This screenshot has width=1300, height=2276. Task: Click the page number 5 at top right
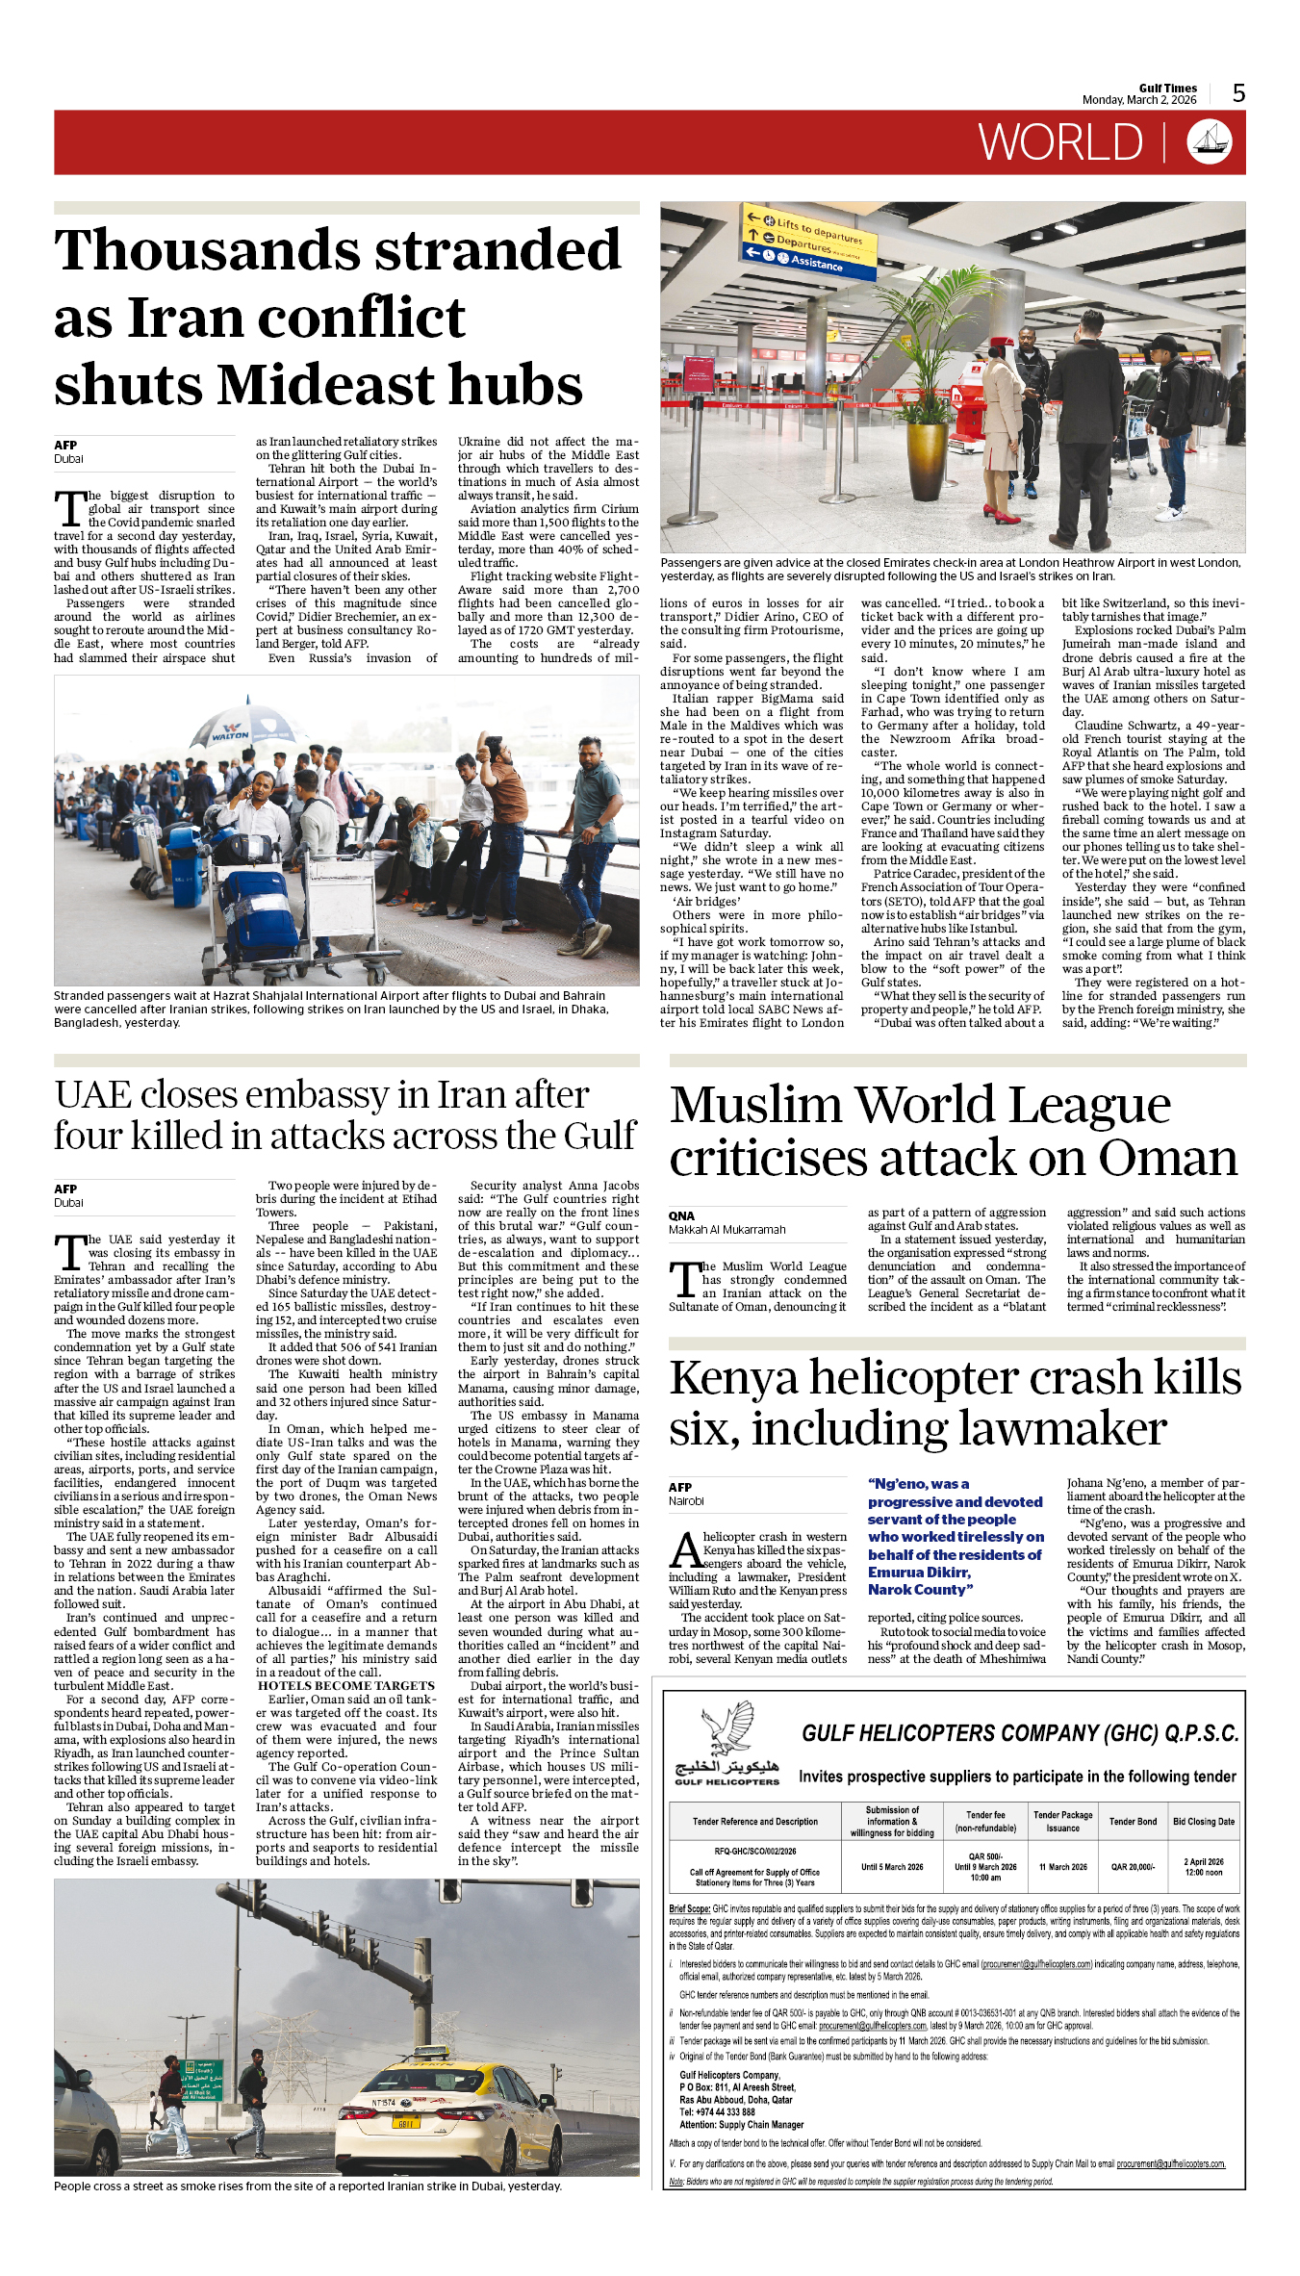point(1238,93)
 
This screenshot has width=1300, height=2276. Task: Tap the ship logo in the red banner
point(1210,142)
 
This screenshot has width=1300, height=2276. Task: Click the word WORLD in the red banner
point(1060,143)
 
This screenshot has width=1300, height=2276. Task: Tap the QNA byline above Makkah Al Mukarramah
point(681,1215)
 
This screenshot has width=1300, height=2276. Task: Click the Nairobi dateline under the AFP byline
point(686,1500)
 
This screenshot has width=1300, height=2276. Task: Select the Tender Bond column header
point(1133,1821)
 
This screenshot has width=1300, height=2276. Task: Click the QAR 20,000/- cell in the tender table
point(1133,1866)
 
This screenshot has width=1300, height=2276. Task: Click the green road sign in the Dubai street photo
point(201,2080)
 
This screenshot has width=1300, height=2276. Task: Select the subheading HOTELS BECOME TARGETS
point(345,1685)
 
